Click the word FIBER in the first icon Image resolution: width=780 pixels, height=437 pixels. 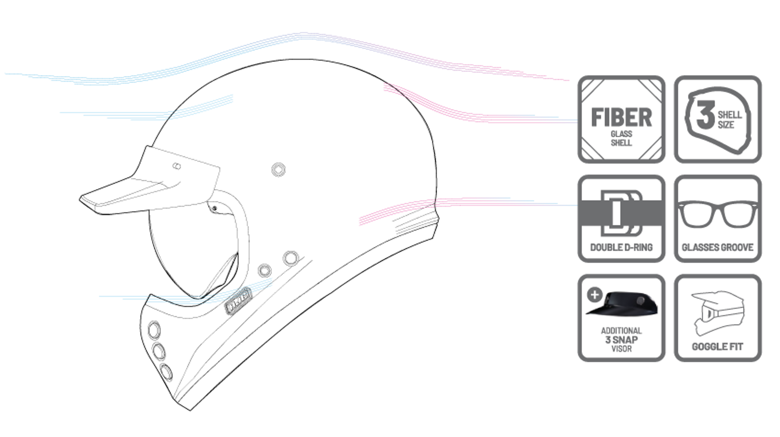click(621, 117)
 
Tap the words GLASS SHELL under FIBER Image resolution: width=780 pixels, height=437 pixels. click(621, 138)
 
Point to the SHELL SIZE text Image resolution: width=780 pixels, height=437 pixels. click(729, 120)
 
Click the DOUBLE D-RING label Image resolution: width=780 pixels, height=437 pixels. click(621, 247)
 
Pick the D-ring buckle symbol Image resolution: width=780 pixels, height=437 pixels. click(621, 213)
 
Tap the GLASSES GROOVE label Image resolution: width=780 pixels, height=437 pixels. click(717, 247)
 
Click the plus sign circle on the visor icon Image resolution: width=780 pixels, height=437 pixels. click(595, 294)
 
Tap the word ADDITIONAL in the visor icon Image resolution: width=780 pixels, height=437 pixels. click(621, 330)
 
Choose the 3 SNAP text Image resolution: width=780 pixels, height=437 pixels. click(621, 339)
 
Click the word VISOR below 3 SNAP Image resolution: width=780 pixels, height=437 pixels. click(621, 349)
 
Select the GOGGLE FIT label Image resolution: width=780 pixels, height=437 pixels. click(717, 347)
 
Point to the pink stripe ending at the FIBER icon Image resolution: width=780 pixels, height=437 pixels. click(467, 114)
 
